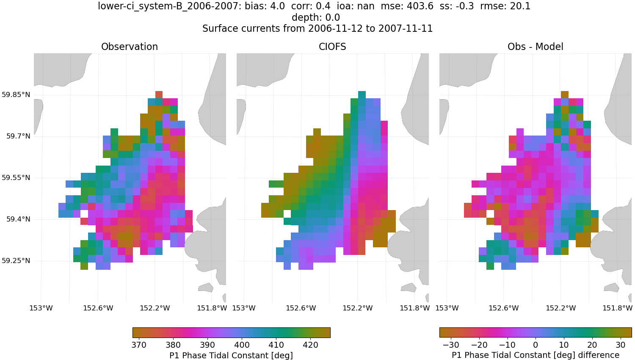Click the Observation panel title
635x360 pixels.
click(x=130, y=47)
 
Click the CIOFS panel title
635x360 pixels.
click(x=332, y=47)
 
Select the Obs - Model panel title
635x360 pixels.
click(x=535, y=47)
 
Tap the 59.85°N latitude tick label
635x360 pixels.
click(x=16, y=94)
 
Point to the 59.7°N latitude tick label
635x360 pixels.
click(x=18, y=136)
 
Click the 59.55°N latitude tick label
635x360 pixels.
click(x=16, y=177)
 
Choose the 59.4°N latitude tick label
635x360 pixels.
click(x=18, y=219)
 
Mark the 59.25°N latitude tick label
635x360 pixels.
click(x=16, y=260)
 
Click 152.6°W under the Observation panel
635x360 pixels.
click(x=98, y=308)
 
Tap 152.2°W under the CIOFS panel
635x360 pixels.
click(x=357, y=308)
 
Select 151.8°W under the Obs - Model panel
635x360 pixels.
click(x=617, y=308)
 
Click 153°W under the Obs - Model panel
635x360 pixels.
click(x=447, y=308)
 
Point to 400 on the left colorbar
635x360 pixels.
click(x=242, y=345)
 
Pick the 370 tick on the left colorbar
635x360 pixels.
click(x=139, y=345)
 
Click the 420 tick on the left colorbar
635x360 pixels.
click(x=310, y=345)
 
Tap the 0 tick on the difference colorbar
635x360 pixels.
click(x=536, y=345)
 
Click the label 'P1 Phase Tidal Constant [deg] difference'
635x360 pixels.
click(x=535, y=355)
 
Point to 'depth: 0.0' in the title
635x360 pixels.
click(x=316, y=17)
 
